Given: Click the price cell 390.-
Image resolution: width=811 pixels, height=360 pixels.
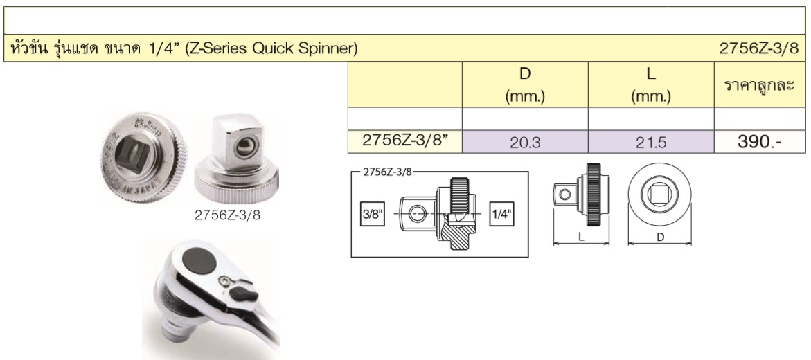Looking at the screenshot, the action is pyautogui.click(x=759, y=142).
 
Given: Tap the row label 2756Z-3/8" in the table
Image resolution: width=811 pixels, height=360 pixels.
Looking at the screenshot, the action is pyautogui.click(x=404, y=141).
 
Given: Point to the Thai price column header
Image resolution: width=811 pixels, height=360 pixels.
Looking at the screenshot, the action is pyautogui.click(x=759, y=85).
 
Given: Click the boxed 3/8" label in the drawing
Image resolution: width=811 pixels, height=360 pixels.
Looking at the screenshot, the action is pyautogui.click(x=373, y=214).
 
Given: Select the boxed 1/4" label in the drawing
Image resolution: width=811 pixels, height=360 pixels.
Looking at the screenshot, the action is pyautogui.click(x=501, y=214).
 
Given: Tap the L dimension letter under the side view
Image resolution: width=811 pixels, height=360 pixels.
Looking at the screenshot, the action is pyautogui.click(x=581, y=236).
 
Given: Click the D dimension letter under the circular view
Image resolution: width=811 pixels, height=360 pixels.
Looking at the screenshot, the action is pyautogui.click(x=660, y=237).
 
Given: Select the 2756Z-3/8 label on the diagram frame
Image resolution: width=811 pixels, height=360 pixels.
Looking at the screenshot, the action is pyautogui.click(x=387, y=172).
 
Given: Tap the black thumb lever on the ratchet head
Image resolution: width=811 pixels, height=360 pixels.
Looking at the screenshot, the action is pyautogui.click(x=244, y=294).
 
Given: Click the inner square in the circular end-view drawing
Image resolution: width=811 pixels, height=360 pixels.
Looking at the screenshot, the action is pyautogui.click(x=659, y=195).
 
